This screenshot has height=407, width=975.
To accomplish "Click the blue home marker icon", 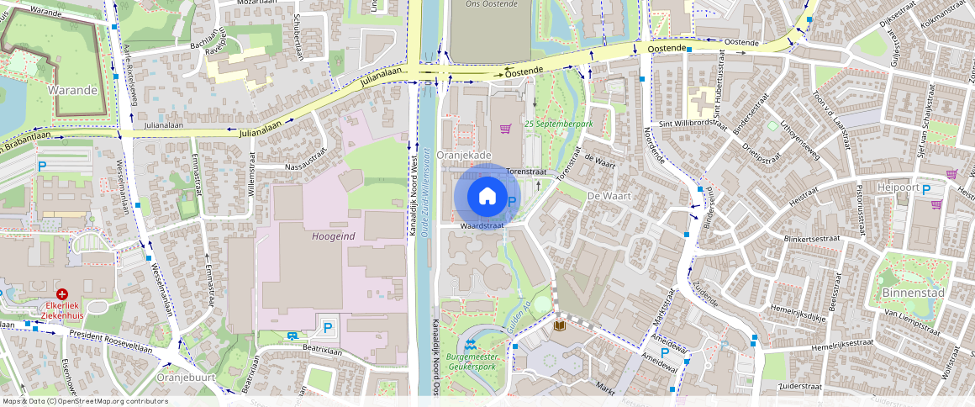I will pyautogui.click(x=487, y=197).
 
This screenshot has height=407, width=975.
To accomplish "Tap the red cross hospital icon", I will pyautogui.click(x=62, y=295).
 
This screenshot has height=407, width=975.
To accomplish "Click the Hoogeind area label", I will pyautogui.click(x=333, y=236).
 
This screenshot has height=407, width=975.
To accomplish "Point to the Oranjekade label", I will pyautogui.click(x=464, y=155).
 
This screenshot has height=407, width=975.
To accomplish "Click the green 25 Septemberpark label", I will pyautogui.click(x=559, y=123).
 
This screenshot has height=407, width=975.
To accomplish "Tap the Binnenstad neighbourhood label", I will pyautogui.click(x=914, y=293).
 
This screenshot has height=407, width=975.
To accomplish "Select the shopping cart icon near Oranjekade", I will pyautogui.click(x=506, y=129).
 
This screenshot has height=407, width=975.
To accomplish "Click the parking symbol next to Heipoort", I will pyautogui.click(x=926, y=190).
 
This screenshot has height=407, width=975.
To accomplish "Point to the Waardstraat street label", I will pyautogui.click(x=482, y=225).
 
